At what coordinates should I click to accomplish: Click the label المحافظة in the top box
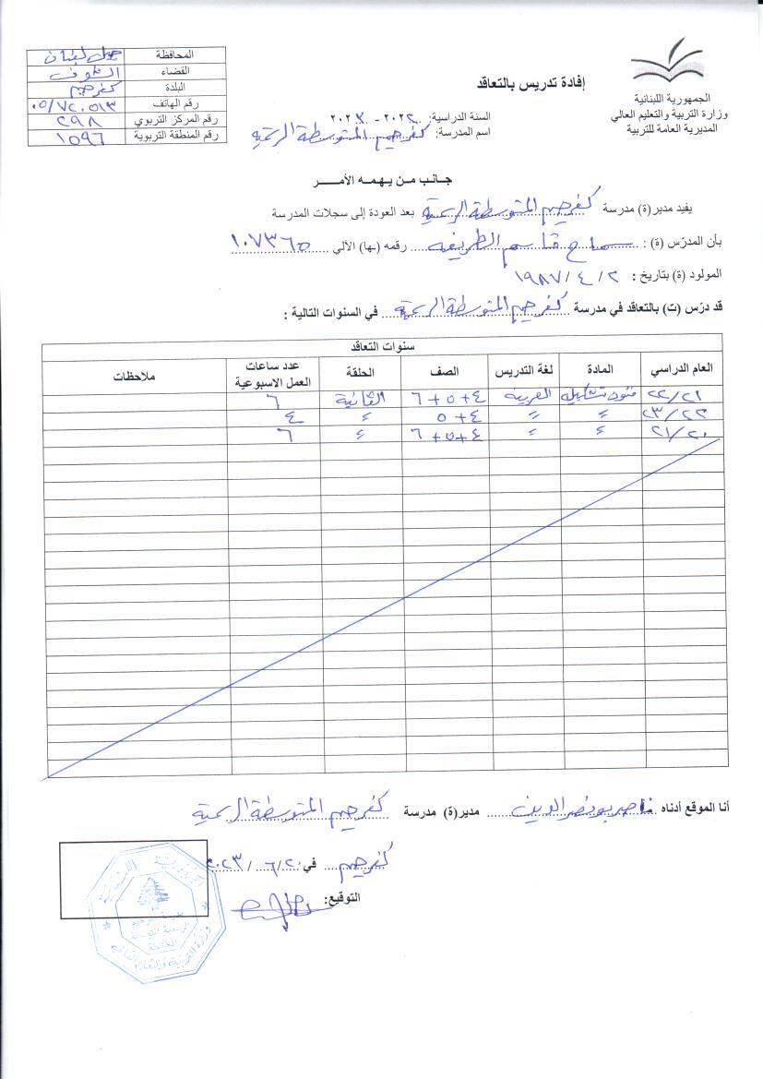[x=176, y=55]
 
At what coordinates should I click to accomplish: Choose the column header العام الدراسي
[x=682, y=368]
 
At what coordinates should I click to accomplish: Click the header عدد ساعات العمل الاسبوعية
[x=274, y=375]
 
